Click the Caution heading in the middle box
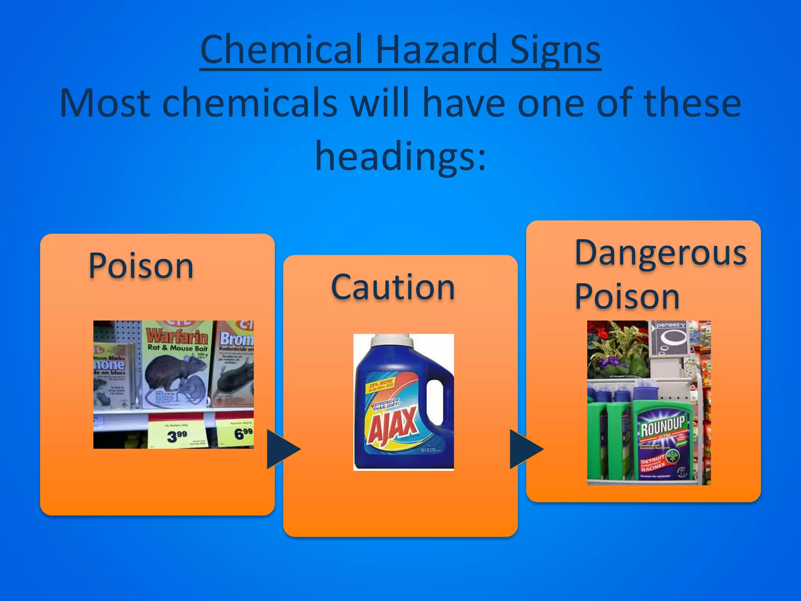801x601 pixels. click(393, 288)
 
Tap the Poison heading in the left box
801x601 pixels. click(141, 266)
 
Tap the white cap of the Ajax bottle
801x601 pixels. click(392, 341)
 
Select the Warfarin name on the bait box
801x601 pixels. click(177, 336)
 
